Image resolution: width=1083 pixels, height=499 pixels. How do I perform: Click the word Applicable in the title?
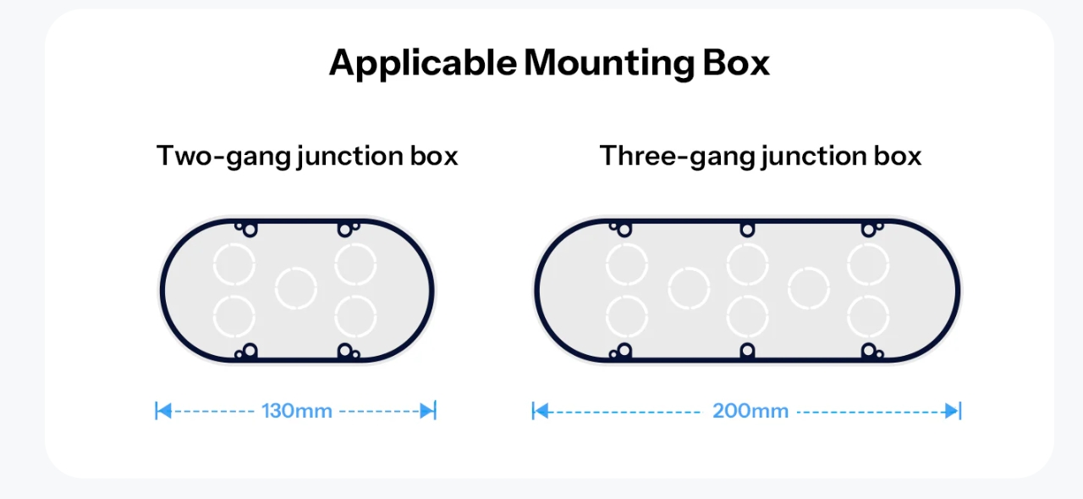[x=423, y=64]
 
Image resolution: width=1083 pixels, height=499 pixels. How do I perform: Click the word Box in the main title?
[x=736, y=63]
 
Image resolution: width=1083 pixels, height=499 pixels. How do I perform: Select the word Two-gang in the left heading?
[x=223, y=157]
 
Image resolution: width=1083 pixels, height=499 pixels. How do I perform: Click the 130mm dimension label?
[x=297, y=411]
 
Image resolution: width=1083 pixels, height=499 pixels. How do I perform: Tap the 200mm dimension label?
[x=750, y=411]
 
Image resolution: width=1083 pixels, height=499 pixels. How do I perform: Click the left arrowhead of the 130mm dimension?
[x=164, y=411]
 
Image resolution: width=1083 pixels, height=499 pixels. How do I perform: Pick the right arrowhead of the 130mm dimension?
[x=427, y=411]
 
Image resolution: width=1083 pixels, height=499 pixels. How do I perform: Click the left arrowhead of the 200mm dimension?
[x=541, y=412]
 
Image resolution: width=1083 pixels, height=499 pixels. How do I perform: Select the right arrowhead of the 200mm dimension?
[x=952, y=412]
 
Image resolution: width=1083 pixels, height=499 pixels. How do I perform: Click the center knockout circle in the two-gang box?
[x=296, y=288]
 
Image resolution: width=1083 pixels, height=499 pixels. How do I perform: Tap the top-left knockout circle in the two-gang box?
[x=234, y=264]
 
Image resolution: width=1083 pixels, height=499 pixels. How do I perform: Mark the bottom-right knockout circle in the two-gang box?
[x=355, y=316]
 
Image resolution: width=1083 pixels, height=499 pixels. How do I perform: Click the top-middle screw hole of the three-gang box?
[x=747, y=230]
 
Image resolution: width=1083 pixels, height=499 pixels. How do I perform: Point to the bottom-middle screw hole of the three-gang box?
[x=747, y=350]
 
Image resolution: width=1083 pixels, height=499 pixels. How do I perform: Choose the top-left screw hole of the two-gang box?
[x=250, y=230]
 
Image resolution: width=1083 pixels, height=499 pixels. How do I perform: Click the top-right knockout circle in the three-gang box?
[x=868, y=264]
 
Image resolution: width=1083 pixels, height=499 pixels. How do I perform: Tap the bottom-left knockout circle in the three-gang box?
[x=627, y=316]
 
